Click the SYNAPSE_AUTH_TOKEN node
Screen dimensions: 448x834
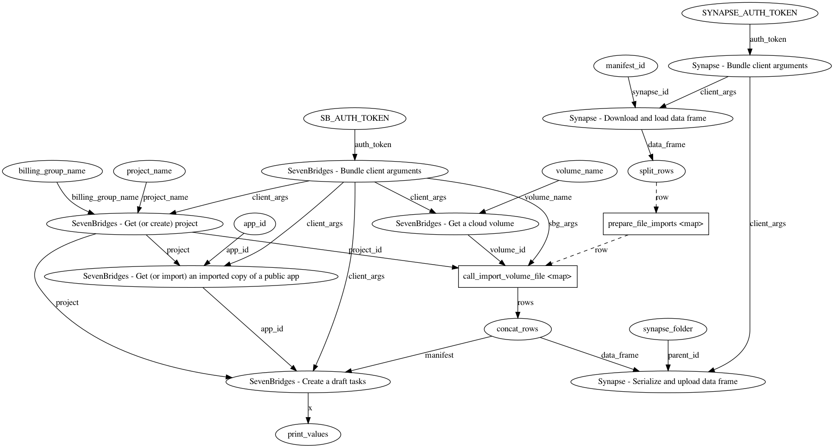(749, 13)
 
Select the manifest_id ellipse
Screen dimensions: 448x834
(625, 66)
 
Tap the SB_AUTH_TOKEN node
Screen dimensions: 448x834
(355, 118)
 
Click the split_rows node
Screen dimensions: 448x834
(656, 171)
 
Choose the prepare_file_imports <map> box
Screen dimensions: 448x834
(655, 224)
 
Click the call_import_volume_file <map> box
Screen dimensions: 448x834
(517, 276)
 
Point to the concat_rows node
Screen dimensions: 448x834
(517, 329)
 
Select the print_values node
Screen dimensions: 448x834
(308, 434)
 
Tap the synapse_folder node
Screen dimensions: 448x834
(668, 329)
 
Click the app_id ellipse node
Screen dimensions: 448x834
(255, 224)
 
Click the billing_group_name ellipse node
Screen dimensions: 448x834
(52, 171)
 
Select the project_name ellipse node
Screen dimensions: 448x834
(149, 171)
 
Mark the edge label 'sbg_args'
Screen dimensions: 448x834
(563, 223)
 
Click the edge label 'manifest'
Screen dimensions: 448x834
(439, 355)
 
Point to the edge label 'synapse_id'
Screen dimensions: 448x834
(650, 92)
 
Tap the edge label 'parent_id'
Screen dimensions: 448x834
(684, 355)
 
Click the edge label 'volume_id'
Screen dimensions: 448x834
(508, 250)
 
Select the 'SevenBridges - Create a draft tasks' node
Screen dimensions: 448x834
(308, 382)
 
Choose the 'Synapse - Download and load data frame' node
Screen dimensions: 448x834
(638, 118)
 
